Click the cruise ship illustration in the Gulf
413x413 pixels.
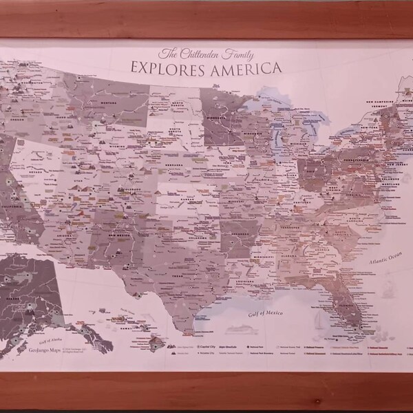[x=242, y=330]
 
